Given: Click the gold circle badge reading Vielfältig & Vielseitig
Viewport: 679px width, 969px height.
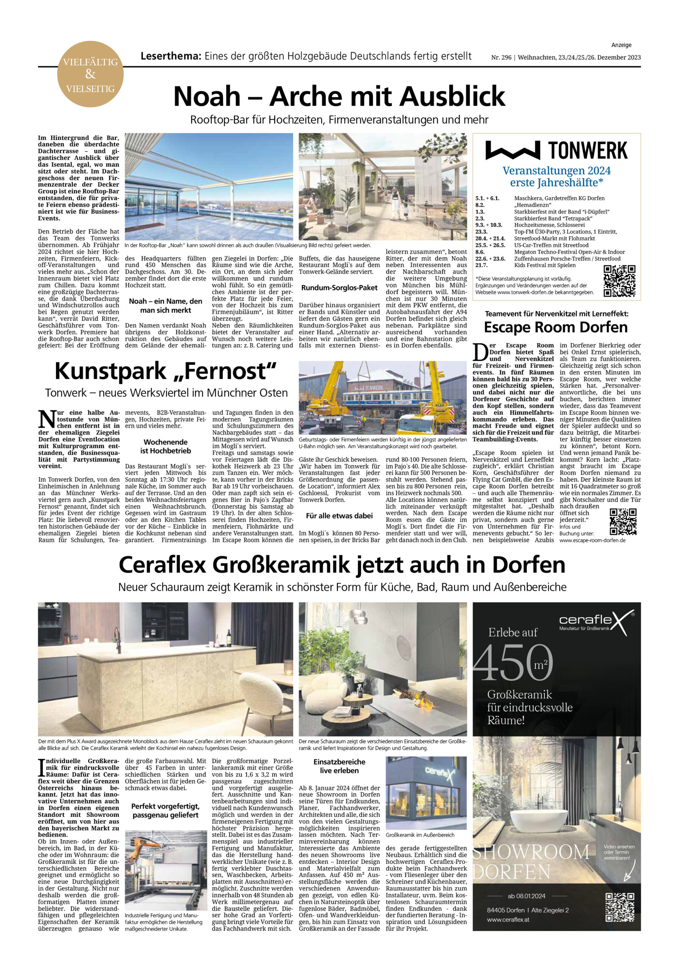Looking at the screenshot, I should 91,74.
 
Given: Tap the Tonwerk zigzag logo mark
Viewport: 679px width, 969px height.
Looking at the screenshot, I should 513,151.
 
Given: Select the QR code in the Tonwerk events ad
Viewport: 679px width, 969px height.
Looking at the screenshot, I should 619,281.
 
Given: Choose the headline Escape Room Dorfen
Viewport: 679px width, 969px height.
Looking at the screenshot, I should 556,327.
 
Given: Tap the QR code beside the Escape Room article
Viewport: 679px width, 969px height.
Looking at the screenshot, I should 623,522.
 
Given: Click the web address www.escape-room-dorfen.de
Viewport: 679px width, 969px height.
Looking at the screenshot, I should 592,540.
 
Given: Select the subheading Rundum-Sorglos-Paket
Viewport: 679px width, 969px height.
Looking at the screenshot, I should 339,288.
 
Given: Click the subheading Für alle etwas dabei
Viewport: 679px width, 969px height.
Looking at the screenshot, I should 339,516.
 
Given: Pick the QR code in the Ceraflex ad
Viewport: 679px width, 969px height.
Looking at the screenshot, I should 620,907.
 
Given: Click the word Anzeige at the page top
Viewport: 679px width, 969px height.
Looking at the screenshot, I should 621,45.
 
